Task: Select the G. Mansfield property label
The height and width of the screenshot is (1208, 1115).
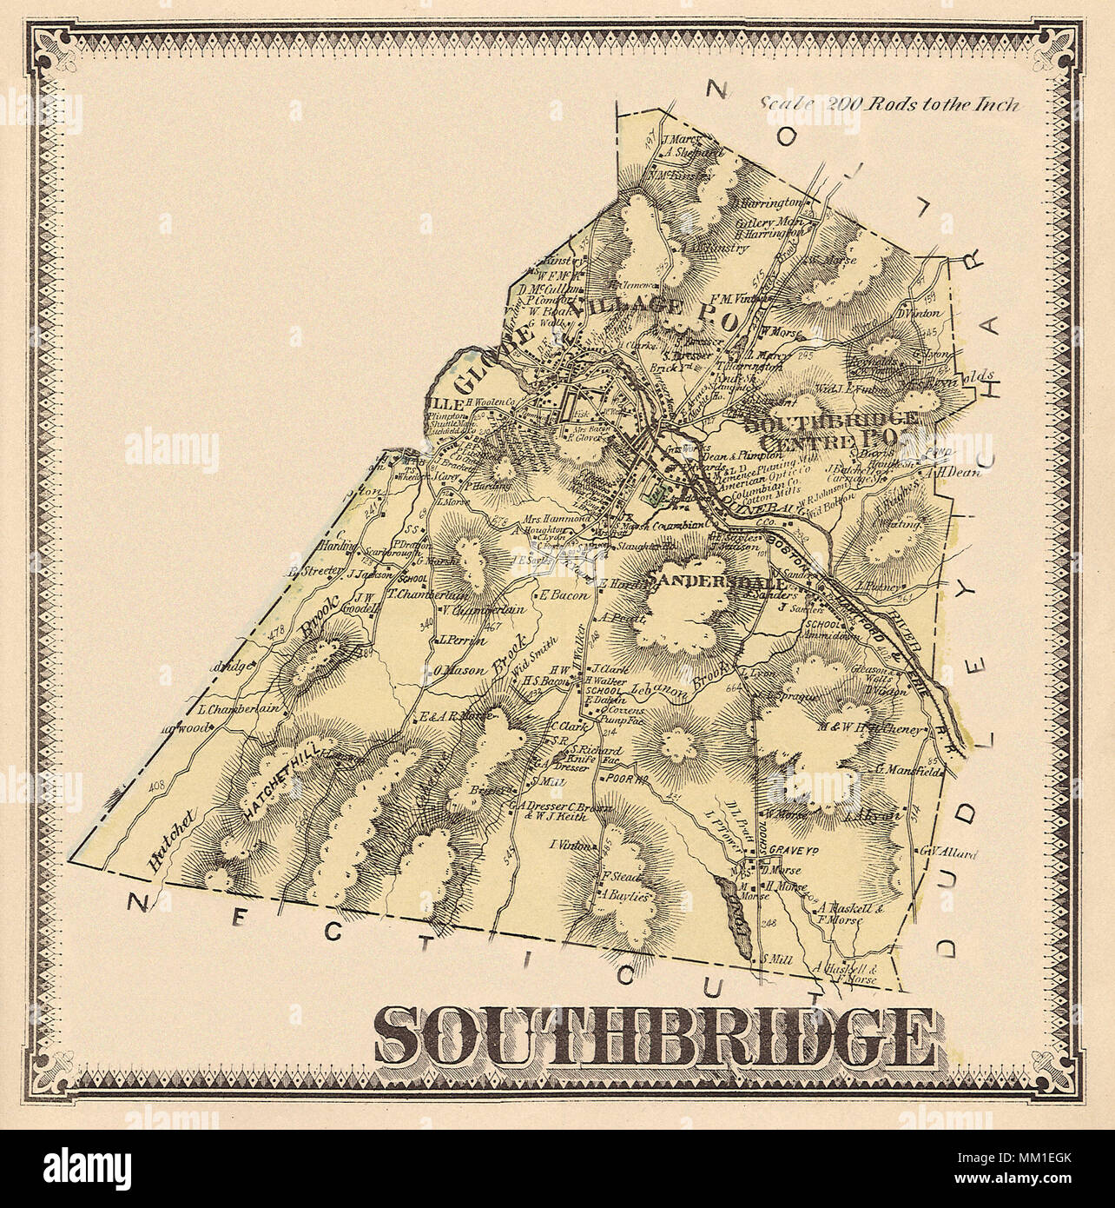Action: [908, 769]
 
